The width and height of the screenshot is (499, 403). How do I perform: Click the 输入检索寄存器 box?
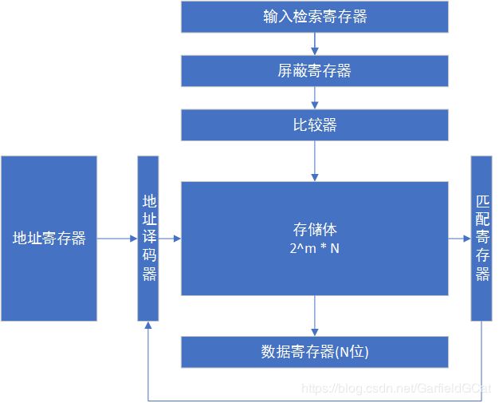(314, 17)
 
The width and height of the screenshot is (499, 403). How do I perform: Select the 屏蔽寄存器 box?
(314, 71)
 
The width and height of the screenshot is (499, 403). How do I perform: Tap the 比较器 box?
(314, 125)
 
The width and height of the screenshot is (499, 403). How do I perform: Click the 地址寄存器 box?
(49, 238)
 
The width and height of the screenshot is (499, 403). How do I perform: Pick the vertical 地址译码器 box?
(148, 238)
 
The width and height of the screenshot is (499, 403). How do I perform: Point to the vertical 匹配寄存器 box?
(481, 238)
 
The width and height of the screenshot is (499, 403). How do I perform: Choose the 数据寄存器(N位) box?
(314, 352)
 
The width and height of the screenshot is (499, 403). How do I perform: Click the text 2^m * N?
(314, 249)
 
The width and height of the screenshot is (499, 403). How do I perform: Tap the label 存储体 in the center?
(314, 231)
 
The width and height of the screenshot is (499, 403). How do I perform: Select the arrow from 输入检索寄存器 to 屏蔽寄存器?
(315, 44)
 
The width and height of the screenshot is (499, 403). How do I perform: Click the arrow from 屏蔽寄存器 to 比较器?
(315, 98)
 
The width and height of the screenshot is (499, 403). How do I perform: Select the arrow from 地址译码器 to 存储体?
(170, 238)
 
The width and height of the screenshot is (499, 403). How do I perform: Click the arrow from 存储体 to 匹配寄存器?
(459, 238)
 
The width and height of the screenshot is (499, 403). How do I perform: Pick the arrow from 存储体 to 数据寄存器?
(315, 315)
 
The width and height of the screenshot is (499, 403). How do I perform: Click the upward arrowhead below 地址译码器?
(148, 326)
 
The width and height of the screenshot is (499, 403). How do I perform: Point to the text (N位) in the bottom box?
(351, 352)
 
